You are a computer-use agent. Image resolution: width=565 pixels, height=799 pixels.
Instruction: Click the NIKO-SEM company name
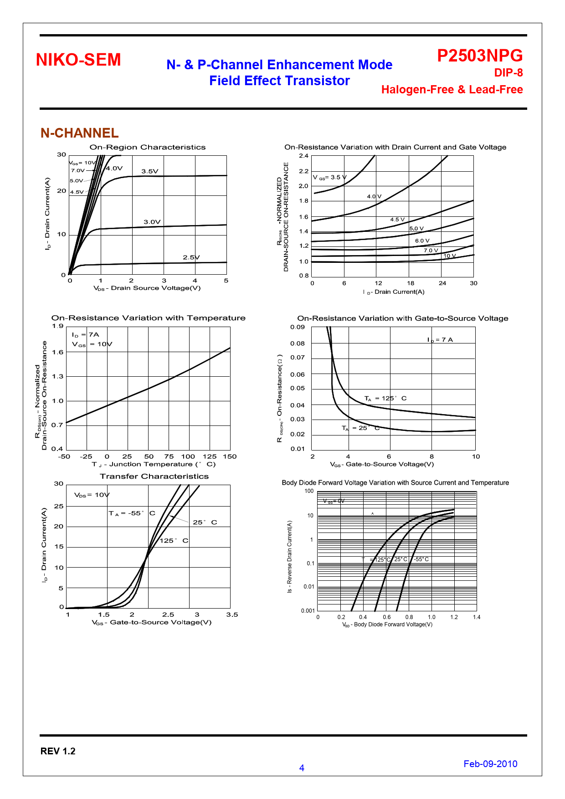[x=78, y=60]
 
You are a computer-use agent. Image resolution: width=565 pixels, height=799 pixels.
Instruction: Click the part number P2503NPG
[x=480, y=56]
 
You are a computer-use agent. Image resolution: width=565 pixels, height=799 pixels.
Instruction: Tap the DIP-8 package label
[x=508, y=73]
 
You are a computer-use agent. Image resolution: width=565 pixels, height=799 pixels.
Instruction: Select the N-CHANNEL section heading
[x=80, y=133]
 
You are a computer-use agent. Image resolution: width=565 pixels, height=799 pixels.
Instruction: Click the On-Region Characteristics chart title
[x=147, y=147]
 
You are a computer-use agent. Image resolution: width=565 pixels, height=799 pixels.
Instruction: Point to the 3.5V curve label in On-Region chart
[x=149, y=171]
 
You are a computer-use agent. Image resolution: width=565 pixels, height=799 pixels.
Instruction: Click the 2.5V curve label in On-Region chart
[x=191, y=257]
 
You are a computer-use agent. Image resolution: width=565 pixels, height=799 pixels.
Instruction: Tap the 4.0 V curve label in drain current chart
[x=374, y=196]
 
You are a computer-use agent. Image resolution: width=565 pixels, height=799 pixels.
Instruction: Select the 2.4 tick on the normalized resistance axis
[x=303, y=156]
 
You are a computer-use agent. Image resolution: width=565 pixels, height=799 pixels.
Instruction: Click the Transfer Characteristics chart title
[x=154, y=476]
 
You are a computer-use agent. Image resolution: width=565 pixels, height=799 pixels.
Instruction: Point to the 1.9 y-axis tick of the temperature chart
[x=58, y=326]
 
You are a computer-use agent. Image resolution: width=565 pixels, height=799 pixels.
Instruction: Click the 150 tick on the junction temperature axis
[x=230, y=456]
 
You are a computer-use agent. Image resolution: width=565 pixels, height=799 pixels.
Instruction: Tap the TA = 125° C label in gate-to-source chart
[x=385, y=398]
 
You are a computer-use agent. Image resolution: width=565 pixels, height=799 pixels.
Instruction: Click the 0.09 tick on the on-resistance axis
[x=298, y=327]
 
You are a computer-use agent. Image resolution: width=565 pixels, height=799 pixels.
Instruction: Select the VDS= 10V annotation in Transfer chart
[x=92, y=495]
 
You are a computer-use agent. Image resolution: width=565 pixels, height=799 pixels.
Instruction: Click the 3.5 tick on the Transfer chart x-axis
[x=232, y=615]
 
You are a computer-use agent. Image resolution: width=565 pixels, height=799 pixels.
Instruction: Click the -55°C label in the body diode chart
[x=421, y=559]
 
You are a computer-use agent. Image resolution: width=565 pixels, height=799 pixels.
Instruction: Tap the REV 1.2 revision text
[x=58, y=751]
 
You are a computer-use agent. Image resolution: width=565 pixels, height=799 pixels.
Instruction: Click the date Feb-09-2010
[x=490, y=764]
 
